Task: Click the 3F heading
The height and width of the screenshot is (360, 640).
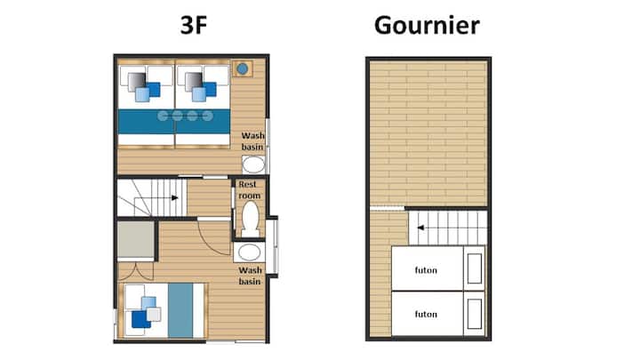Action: click(194, 25)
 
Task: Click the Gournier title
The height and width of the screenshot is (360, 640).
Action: click(427, 25)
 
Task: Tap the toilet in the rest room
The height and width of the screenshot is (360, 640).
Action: click(250, 219)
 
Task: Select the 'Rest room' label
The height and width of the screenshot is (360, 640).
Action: click(250, 190)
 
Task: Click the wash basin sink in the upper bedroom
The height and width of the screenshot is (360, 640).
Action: click(253, 164)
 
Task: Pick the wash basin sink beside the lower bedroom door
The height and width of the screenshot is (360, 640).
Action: click(250, 252)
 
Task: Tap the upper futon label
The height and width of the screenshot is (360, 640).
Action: click(426, 270)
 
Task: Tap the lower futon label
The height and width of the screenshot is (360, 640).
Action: click(426, 315)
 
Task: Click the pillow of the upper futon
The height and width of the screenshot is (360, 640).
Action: click(475, 268)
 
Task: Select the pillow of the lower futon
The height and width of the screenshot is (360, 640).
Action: click(475, 314)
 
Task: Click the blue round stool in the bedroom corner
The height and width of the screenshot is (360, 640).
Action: click(242, 69)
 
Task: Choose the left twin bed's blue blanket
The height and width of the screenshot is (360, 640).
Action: click(147, 122)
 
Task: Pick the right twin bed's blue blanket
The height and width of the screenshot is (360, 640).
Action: click(203, 122)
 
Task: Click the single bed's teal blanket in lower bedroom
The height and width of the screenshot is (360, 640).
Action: click(180, 310)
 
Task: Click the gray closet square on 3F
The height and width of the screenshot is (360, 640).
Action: click(136, 240)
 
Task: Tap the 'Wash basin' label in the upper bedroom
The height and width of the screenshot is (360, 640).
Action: click(252, 141)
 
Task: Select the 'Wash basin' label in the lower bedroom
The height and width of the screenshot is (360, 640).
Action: click(250, 276)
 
